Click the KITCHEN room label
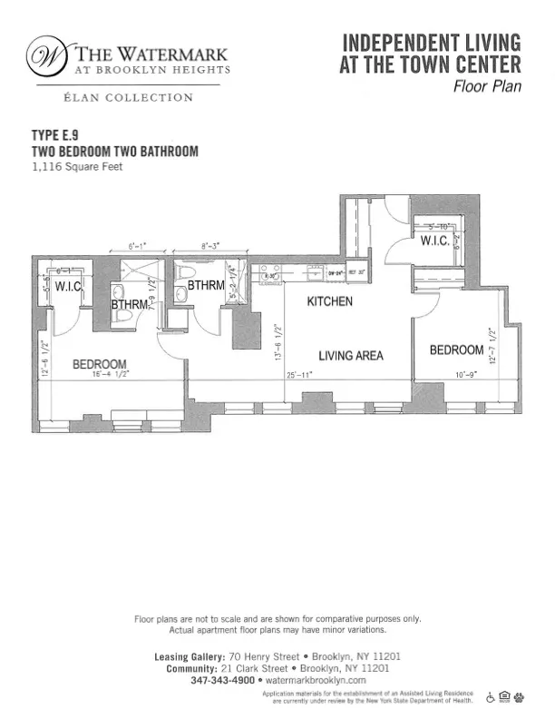click(329, 301)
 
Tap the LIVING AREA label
click(350, 355)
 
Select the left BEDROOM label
click(99, 365)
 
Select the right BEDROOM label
click(456, 350)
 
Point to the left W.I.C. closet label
click(69, 286)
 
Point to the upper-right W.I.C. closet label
click(433, 241)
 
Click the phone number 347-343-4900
click(223, 680)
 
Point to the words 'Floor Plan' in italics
click(487, 87)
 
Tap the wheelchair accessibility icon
click(491, 697)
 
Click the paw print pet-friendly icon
click(521, 697)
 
